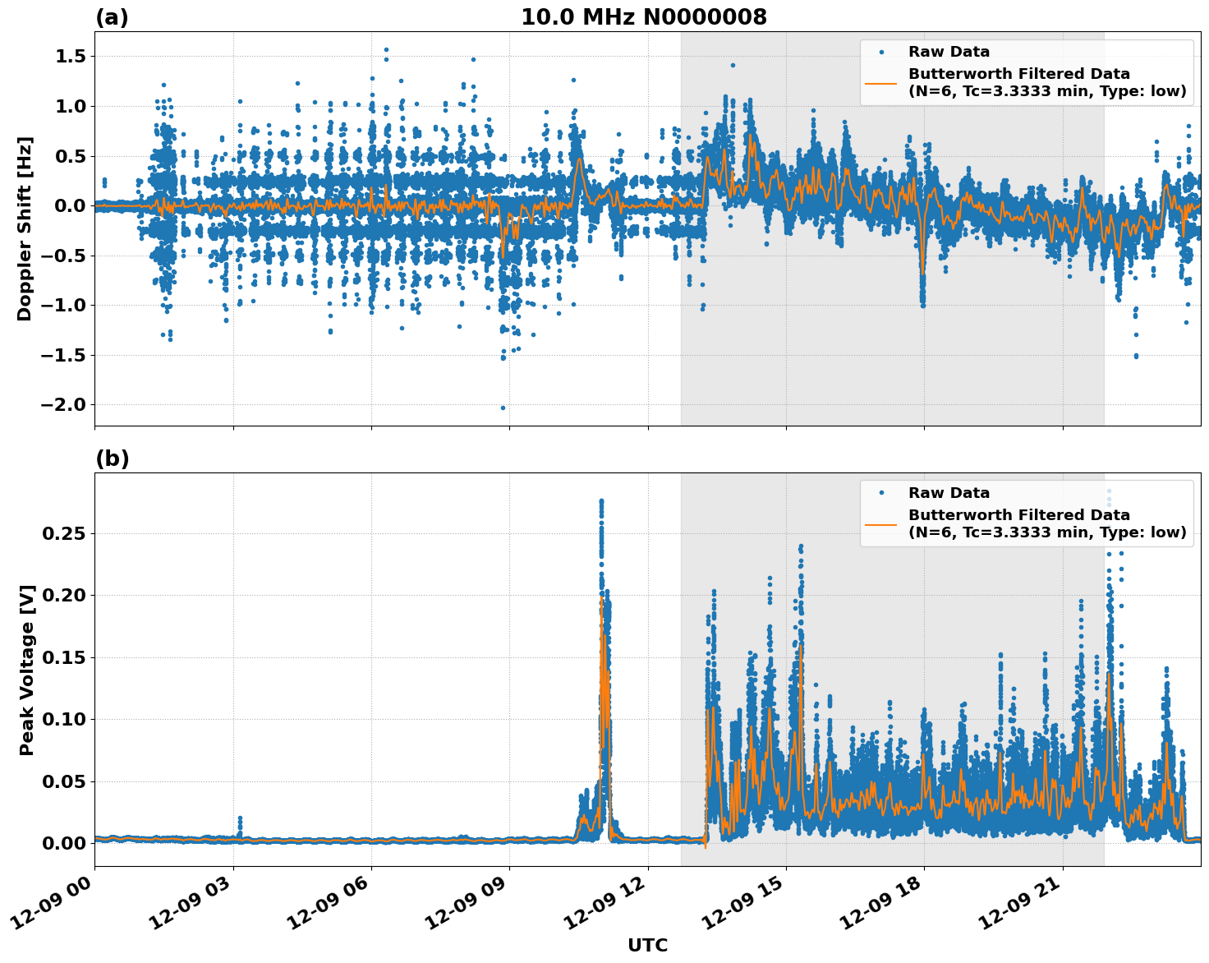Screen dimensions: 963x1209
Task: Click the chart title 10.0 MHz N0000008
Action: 643,17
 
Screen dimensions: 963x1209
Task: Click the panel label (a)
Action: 112,17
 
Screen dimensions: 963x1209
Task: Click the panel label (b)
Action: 112,458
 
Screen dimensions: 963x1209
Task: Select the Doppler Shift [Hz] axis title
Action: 25,228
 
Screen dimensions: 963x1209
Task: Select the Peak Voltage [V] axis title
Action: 27,670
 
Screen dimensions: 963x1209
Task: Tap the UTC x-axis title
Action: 647,945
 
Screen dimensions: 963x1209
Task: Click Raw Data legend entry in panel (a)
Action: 949,52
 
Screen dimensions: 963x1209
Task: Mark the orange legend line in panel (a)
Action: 881,83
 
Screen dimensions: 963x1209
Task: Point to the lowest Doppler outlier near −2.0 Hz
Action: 503,408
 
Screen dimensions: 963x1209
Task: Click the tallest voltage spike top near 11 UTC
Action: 601,500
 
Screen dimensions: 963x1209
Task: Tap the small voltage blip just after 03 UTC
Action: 240,818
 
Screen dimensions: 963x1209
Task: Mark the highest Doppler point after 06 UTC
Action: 386,49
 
